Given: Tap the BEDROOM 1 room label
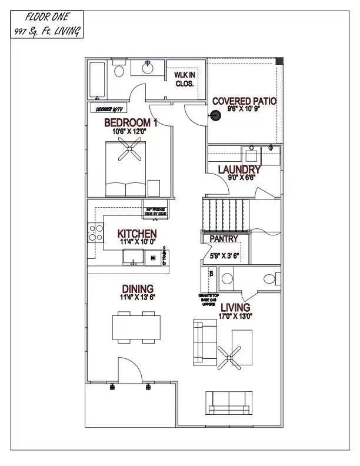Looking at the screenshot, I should tap(131, 122).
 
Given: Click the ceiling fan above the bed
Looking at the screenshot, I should tap(128, 154).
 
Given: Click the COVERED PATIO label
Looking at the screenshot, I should tap(244, 101).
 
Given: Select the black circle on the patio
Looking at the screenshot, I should tap(215, 116).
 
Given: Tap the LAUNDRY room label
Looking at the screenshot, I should tap(239, 169).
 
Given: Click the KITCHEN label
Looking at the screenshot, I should tap(136, 234).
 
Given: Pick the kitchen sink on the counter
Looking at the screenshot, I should tap(134, 257).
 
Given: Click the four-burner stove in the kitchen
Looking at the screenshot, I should tap(94, 233).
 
